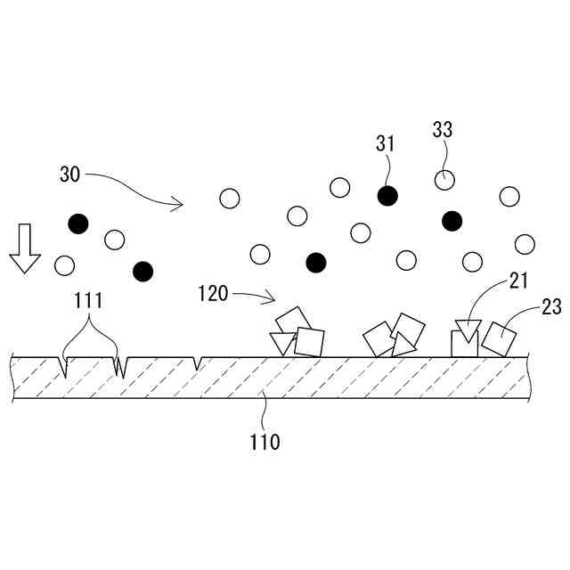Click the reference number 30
point(70,175)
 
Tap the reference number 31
point(385,143)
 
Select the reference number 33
point(443,130)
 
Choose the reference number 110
point(265,441)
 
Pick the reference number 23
point(550,308)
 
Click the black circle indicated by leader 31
point(386,196)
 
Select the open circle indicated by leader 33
point(444,180)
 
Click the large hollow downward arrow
point(25,248)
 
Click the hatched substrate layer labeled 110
point(267,378)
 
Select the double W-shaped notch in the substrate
point(119,366)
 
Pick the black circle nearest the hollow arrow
point(78,224)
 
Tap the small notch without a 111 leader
point(197,362)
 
